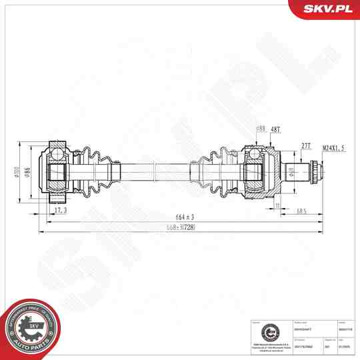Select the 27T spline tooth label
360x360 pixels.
coord(306,145)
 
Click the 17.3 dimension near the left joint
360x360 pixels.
coord(60,210)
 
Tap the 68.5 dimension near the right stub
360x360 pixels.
coord(301,211)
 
